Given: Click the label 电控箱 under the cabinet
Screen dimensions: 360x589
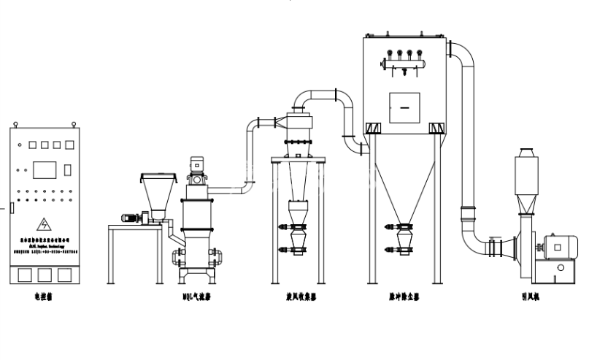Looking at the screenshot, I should pyautogui.click(x=45, y=297).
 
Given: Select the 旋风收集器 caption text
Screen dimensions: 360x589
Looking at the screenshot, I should pyautogui.click(x=299, y=297).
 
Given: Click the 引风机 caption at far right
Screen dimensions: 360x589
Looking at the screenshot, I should pyautogui.click(x=529, y=297).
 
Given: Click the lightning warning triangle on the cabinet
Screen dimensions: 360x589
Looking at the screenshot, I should pyautogui.click(x=45, y=224).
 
